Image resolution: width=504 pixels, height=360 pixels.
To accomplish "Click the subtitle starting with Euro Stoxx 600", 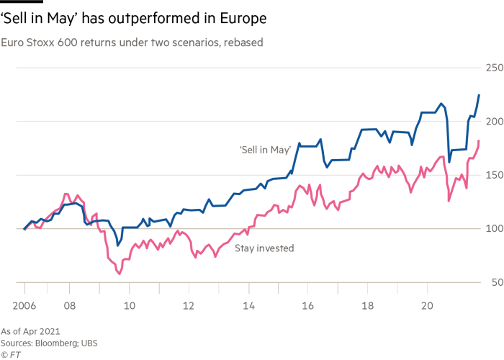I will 132,42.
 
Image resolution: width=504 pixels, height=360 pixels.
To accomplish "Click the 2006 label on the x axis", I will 24,305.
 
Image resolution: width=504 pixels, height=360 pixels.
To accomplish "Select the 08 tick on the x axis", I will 70,305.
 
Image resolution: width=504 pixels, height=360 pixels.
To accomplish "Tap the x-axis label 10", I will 129,305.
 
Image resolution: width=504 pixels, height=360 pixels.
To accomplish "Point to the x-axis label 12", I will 188,305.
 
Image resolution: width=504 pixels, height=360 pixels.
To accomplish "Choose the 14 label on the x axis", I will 248,305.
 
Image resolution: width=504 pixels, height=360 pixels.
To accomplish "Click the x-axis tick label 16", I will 307,305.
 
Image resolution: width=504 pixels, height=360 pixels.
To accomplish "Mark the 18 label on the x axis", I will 366,305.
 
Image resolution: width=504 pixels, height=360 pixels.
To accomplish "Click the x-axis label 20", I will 426,305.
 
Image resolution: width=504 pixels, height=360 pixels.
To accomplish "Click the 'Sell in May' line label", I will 265,150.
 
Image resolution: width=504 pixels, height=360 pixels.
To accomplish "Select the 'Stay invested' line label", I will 264,248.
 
